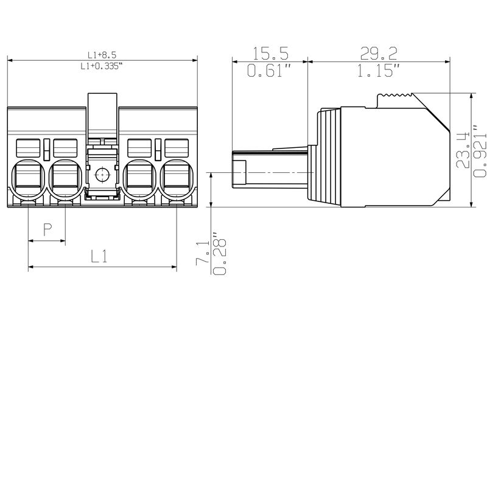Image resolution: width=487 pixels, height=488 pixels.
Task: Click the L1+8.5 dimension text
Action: pyautogui.click(x=102, y=55)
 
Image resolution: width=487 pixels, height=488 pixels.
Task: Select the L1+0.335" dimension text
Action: pyautogui.click(x=102, y=66)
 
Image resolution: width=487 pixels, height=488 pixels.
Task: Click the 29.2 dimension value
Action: pyautogui.click(x=377, y=54)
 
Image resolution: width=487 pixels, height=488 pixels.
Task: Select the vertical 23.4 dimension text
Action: pyautogui.click(x=463, y=150)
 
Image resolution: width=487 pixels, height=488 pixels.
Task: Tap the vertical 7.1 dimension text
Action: pyautogui.click(x=201, y=249)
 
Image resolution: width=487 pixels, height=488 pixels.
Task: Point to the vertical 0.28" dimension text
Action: pyautogui.click(x=217, y=251)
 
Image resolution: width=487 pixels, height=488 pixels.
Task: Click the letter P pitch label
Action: pyautogui.click(x=47, y=229)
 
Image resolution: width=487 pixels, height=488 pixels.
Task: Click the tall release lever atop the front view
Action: pyautogui.click(x=102, y=116)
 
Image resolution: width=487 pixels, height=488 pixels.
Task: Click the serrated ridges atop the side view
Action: pyautogui.click(x=395, y=96)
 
